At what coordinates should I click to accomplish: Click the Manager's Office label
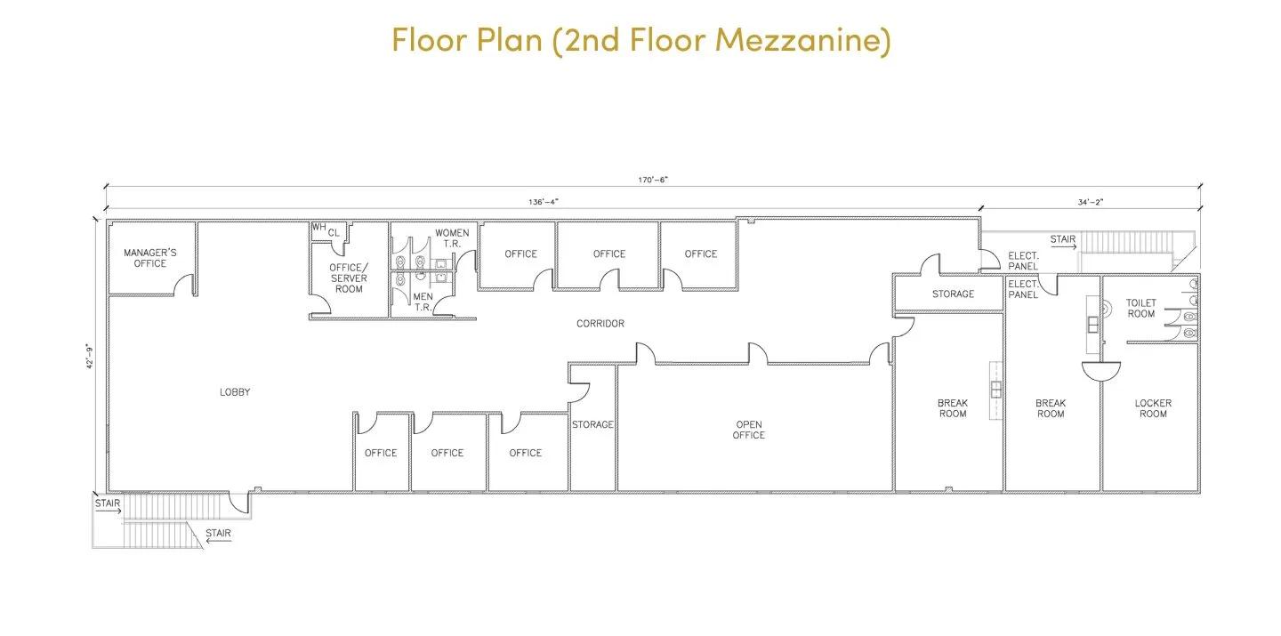tap(149, 258)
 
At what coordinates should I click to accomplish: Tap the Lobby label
tap(235, 391)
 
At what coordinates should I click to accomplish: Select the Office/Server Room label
tap(349, 278)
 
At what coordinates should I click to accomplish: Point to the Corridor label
tap(600, 323)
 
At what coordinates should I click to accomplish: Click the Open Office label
tap(749, 430)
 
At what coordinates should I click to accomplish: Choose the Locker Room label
tap(1153, 408)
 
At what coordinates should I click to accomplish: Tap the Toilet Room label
tap(1140, 309)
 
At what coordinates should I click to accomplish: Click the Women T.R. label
tap(452, 237)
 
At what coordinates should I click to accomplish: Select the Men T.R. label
tap(423, 302)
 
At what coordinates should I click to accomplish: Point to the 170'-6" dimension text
tap(653, 180)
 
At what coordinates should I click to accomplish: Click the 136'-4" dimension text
tap(543, 202)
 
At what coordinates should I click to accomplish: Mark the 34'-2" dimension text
tap(1090, 202)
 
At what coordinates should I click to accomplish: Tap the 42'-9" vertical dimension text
tap(89, 356)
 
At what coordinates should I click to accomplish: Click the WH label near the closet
tap(318, 227)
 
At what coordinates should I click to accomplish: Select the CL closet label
tap(334, 233)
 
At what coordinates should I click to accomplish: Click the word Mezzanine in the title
tap(803, 40)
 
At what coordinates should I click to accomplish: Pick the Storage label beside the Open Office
tap(592, 424)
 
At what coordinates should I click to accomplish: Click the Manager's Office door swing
tap(184, 284)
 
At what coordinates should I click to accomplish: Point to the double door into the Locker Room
tap(1101, 372)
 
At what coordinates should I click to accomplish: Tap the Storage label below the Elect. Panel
tap(953, 294)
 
